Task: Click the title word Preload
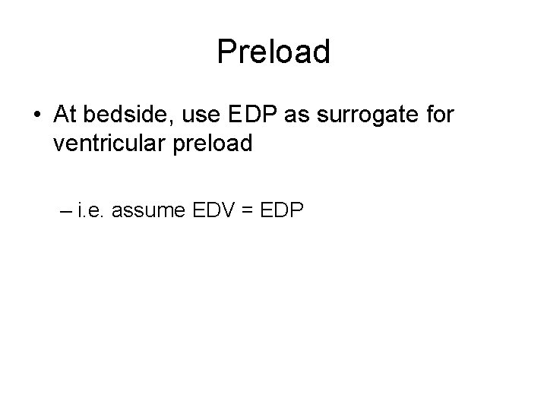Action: click(x=273, y=52)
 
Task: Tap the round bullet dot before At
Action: click(x=36, y=115)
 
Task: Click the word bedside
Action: click(x=134, y=115)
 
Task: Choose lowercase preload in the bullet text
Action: click(x=213, y=143)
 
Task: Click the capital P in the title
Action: click(x=226, y=52)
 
